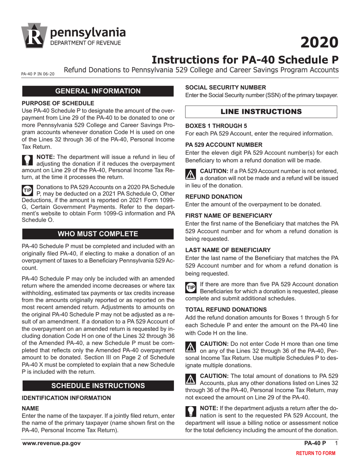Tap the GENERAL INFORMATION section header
coord(98,91)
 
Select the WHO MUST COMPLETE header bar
coord(98,233)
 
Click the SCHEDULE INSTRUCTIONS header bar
coord(98,386)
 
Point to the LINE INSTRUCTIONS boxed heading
coord(261,112)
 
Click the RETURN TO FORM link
coord(315,453)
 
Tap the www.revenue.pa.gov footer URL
coord(51,443)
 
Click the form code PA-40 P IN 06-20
coord(38,74)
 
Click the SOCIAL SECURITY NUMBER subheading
coord(228,87)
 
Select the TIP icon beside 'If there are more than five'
coord(191,287)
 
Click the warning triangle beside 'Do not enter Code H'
coord(191,346)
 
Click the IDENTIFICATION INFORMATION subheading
coord(66,398)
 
